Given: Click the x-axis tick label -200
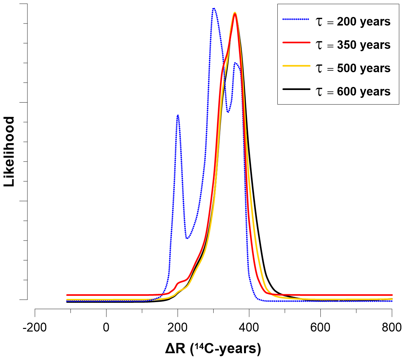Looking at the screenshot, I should click(35, 327).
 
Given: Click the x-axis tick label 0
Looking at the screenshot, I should click(106, 327).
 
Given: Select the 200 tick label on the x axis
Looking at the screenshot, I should click(178, 327).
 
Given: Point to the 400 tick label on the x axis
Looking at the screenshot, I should click(249, 327).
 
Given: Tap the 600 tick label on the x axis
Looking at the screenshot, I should click(320, 327).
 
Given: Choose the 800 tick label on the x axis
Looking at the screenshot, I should click(391, 327).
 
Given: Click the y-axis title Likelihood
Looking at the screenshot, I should click(9, 152).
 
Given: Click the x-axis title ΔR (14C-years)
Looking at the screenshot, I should click(213, 348).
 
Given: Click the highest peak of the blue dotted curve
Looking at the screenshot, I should click(214, 8).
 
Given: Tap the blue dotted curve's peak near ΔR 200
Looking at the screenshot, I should click(178, 115).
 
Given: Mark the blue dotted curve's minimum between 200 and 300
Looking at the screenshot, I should click(187, 238).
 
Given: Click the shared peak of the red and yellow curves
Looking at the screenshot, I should click(235, 13).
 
